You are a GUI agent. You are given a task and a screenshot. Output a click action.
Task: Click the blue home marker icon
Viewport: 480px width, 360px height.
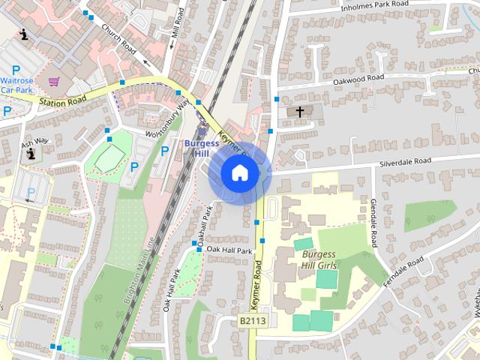(239, 172)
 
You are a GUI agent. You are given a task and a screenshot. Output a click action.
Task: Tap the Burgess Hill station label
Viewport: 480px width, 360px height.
(201, 148)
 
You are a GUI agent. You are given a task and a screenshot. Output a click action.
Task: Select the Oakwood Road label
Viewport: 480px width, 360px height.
(358, 78)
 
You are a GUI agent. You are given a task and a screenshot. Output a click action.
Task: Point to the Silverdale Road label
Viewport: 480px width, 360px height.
(406, 161)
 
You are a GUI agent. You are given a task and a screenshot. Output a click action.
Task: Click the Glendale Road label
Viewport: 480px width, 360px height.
(373, 223)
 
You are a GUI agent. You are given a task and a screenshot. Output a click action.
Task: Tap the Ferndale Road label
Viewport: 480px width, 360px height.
(406, 269)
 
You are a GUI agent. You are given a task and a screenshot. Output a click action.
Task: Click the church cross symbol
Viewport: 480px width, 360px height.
(300, 112)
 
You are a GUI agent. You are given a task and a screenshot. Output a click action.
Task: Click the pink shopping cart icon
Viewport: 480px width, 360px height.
(53, 80)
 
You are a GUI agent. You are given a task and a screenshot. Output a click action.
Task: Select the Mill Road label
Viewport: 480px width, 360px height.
(176, 25)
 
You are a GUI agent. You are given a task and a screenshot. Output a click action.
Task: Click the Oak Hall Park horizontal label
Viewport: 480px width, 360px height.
(229, 250)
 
